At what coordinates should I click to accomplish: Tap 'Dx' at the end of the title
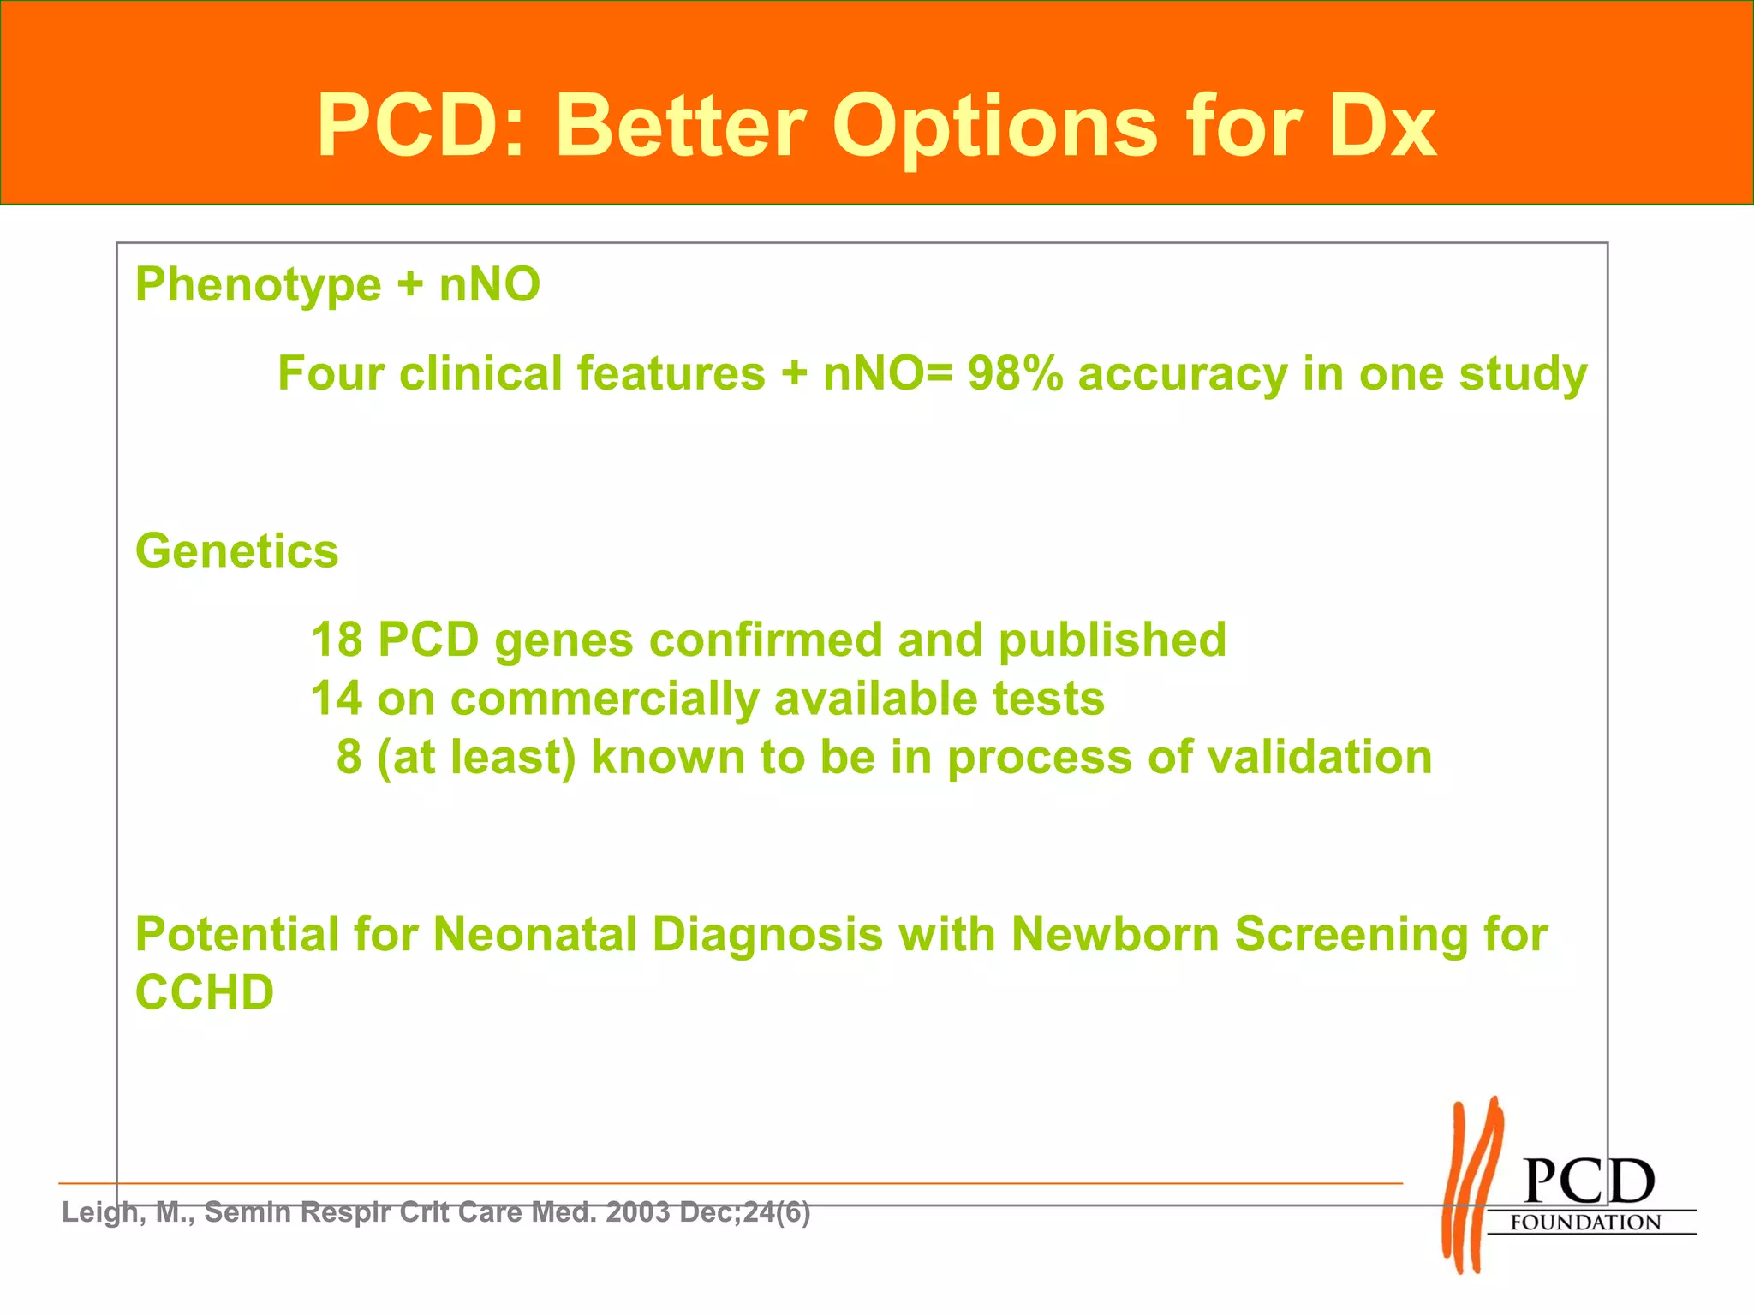(1381, 127)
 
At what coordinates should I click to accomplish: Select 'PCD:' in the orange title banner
(421, 127)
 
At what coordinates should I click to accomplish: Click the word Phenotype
(258, 285)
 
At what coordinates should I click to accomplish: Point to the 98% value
(1015, 374)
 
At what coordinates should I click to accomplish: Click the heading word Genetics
(237, 550)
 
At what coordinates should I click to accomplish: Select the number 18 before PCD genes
(337, 640)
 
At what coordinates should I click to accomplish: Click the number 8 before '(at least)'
(349, 757)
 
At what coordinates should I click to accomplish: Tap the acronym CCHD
(205, 993)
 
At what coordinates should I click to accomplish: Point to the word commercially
(605, 699)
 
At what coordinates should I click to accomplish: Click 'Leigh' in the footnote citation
(95, 1212)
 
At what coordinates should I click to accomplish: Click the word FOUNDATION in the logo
(1585, 1223)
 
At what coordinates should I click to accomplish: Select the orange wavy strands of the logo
(1471, 1185)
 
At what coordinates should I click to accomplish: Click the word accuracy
(1182, 374)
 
